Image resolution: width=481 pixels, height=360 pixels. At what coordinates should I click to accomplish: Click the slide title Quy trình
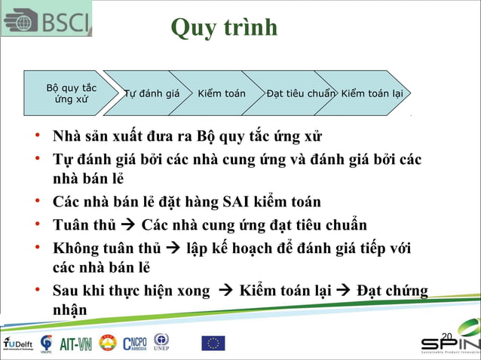click(x=224, y=28)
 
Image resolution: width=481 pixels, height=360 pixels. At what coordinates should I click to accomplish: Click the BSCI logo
click(x=47, y=18)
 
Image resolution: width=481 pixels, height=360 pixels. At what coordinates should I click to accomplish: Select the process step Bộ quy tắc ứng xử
click(x=71, y=93)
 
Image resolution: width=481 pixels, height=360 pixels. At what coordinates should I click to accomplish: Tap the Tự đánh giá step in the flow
click(x=152, y=94)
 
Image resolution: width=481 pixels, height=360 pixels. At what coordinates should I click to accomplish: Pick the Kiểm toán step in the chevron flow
click(x=222, y=94)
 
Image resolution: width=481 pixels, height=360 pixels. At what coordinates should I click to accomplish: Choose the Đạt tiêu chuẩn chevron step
click(x=300, y=94)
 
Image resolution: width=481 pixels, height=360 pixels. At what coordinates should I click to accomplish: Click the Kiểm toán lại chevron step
click(x=372, y=94)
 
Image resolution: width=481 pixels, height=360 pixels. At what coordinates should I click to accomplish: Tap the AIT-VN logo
click(x=75, y=344)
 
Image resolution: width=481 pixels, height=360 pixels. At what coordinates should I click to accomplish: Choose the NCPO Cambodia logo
click(x=136, y=343)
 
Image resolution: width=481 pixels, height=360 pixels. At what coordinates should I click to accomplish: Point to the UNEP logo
click(x=161, y=342)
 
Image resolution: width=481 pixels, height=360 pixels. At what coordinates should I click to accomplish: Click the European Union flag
click(x=213, y=343)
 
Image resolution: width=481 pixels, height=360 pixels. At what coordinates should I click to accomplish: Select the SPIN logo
click(x=449, y=343)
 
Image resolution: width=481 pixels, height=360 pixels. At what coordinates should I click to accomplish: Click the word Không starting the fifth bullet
click(x=76, y=248)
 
